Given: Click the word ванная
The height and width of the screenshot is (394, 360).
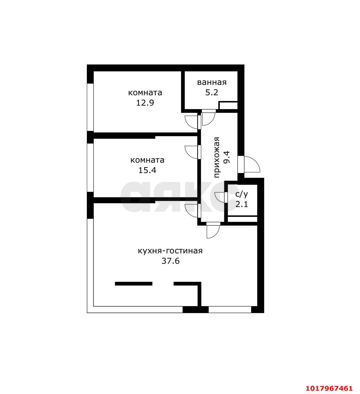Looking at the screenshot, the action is click(212, 83).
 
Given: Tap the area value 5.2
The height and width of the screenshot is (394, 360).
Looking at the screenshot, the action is click(212, 93).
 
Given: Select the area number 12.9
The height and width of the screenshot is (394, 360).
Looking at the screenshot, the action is click(145, 103).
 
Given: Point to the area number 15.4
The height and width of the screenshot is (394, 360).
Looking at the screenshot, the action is click(147, 170).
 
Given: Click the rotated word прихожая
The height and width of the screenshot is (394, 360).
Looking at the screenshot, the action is click(216, 157).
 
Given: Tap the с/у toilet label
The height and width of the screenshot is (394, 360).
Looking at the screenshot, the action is click(242, 194).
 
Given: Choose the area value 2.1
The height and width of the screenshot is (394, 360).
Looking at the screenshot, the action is click(242, 204).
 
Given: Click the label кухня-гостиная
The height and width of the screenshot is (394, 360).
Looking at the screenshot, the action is click(170, 251).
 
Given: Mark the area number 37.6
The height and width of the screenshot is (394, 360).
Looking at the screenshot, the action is click(170, 261).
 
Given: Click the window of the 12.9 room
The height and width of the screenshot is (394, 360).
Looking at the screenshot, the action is click(90, 107).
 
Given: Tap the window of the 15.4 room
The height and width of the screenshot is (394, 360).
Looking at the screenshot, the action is click(90, 168).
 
